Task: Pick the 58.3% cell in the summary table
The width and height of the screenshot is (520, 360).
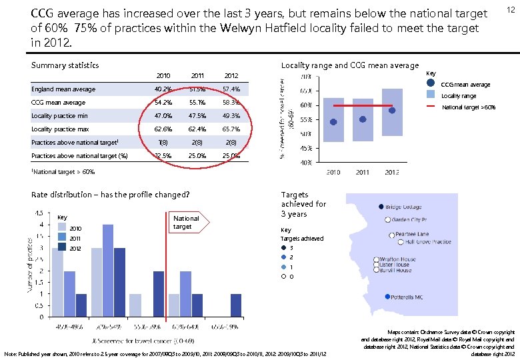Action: (x=231, y=103)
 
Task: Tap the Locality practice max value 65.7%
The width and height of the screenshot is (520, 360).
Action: (x=231, y=129)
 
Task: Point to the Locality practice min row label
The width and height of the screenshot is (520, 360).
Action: (x=59, y=116)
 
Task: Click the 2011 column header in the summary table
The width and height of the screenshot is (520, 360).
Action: (x=197, y=75)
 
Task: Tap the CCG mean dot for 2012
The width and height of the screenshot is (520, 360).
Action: (x=392, y=110)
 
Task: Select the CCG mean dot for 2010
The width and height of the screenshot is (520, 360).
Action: (x=334, y=122)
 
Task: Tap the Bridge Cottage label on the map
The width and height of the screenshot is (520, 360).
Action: (x=403, y=207)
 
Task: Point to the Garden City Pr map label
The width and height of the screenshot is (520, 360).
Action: (x=409, y=219)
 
